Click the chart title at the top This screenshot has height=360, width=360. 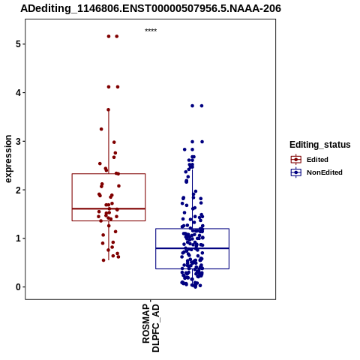tap(151, 8)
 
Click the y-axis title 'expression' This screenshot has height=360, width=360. tap(8, 159)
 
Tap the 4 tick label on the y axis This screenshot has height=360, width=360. tap(18, 93)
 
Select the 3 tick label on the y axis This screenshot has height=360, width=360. tap(18, 141)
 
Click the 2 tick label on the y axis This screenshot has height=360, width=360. tap(18, 190)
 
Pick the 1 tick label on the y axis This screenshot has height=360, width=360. tap(18, 238)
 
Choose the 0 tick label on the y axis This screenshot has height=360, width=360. tap(18, 287)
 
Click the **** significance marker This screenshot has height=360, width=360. tap(151, 30)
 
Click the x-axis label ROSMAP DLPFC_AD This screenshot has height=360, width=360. tap(151, 328)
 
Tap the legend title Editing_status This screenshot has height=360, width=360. tap(320, 145)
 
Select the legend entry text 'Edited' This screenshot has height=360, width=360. tap(317, 160)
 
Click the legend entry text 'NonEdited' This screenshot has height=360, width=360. tap(325, 172)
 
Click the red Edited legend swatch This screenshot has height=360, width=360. tap(296, 160)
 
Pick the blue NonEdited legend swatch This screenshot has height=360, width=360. tap(296, 172)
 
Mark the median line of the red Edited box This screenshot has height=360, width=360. tap(109, 208)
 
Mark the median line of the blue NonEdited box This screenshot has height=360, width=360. tap(192, 248)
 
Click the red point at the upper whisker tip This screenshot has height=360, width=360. tap(109, 109)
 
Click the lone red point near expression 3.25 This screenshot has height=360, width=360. tap(101, 129)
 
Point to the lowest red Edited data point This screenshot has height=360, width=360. tap(103, 260)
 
